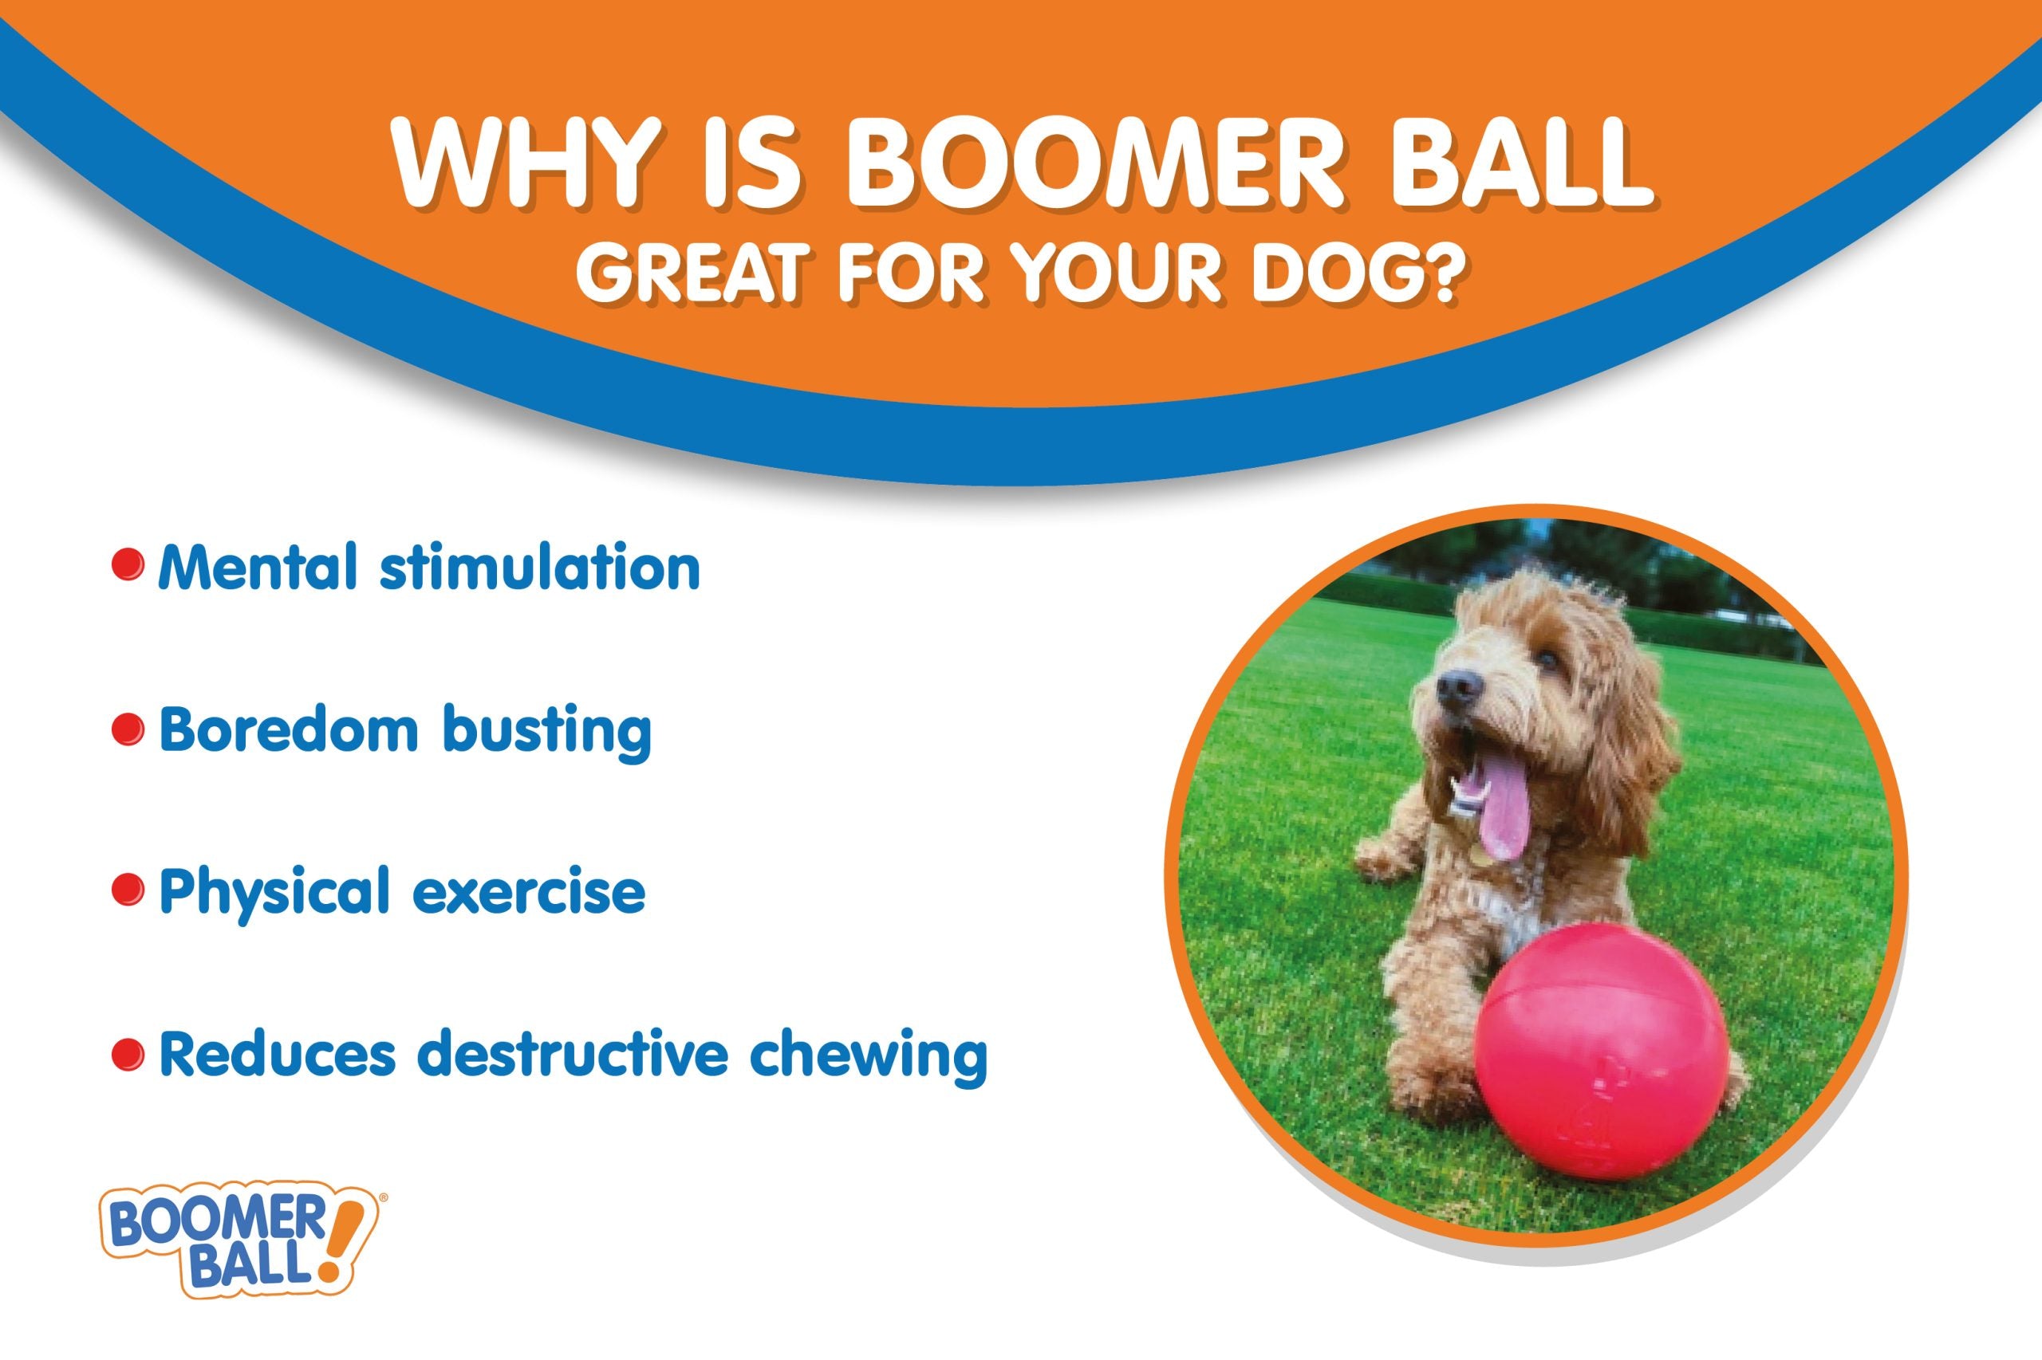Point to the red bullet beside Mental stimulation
coord(127,566)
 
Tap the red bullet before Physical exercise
coord(127,891)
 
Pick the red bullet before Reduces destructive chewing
coord(127,1054)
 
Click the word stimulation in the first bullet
coord(538,568)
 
